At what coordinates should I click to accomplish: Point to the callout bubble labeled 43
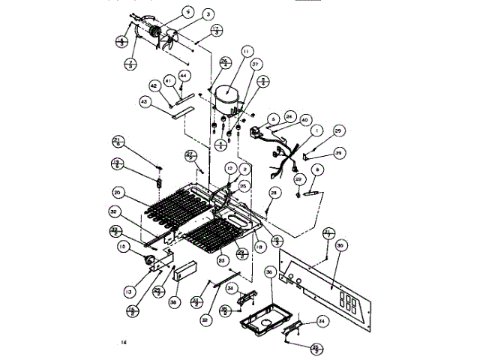[x=145, y=101]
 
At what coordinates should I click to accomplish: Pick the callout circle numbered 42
[x=153, y=86]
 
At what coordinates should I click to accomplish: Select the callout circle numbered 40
[x=304, y=119]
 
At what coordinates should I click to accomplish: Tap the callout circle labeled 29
[x=337, y=131]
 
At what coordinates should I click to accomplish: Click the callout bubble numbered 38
[x=174, y=303]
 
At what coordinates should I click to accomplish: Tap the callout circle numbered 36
[x=270, y=272]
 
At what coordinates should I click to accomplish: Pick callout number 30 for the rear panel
[x=340, y=245]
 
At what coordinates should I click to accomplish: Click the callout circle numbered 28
[x=274, y=193]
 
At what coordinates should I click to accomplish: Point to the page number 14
[x=123, y=343]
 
